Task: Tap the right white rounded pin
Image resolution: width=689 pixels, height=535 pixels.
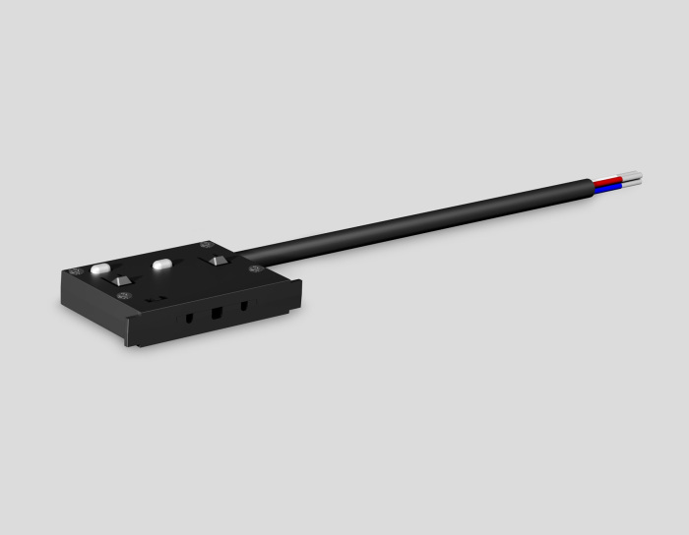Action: [161, 264]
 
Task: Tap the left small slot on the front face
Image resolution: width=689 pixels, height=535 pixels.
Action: [185, 319]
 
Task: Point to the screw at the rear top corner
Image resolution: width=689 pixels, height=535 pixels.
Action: [205, 245]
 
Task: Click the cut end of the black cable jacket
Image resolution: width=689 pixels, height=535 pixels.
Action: [593, 184]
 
